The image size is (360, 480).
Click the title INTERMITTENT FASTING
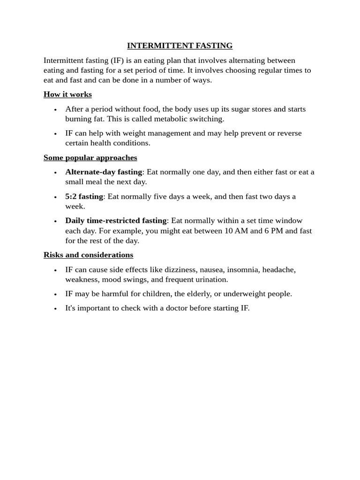[x=180, y=46]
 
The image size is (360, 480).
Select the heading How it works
[x=67, y=95]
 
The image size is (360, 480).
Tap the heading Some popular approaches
[x=90, y=157]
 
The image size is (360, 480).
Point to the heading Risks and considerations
[x=88, y=255]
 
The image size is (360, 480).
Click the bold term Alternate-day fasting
[x=104, y=172]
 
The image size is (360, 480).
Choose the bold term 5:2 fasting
[x=84, y=196]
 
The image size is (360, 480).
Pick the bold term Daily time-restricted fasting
[x=116, y=221]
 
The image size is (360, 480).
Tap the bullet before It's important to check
[x=55, y=309]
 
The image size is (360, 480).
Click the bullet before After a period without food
[x=55, y=110]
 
